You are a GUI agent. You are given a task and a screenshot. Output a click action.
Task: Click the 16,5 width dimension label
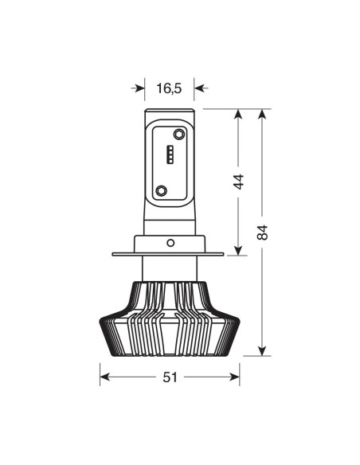pos(169,88)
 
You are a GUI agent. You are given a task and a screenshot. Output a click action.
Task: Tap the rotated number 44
pos(237,182)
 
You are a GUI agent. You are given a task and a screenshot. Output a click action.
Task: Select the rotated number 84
pos(264,232)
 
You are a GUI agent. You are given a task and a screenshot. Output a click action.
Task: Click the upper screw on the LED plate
pos(162,134)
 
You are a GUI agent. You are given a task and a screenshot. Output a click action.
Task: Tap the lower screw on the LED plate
pos(162,190)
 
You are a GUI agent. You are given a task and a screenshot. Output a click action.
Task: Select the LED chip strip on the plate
pos(170,154)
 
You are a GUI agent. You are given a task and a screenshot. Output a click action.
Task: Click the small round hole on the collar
pos(169,241)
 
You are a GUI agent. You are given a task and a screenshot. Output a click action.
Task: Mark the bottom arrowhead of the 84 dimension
pos(264,350)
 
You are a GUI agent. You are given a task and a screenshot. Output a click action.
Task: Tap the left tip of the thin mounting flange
pos(115,255)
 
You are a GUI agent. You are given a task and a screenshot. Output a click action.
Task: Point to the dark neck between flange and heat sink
pos(169,269)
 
